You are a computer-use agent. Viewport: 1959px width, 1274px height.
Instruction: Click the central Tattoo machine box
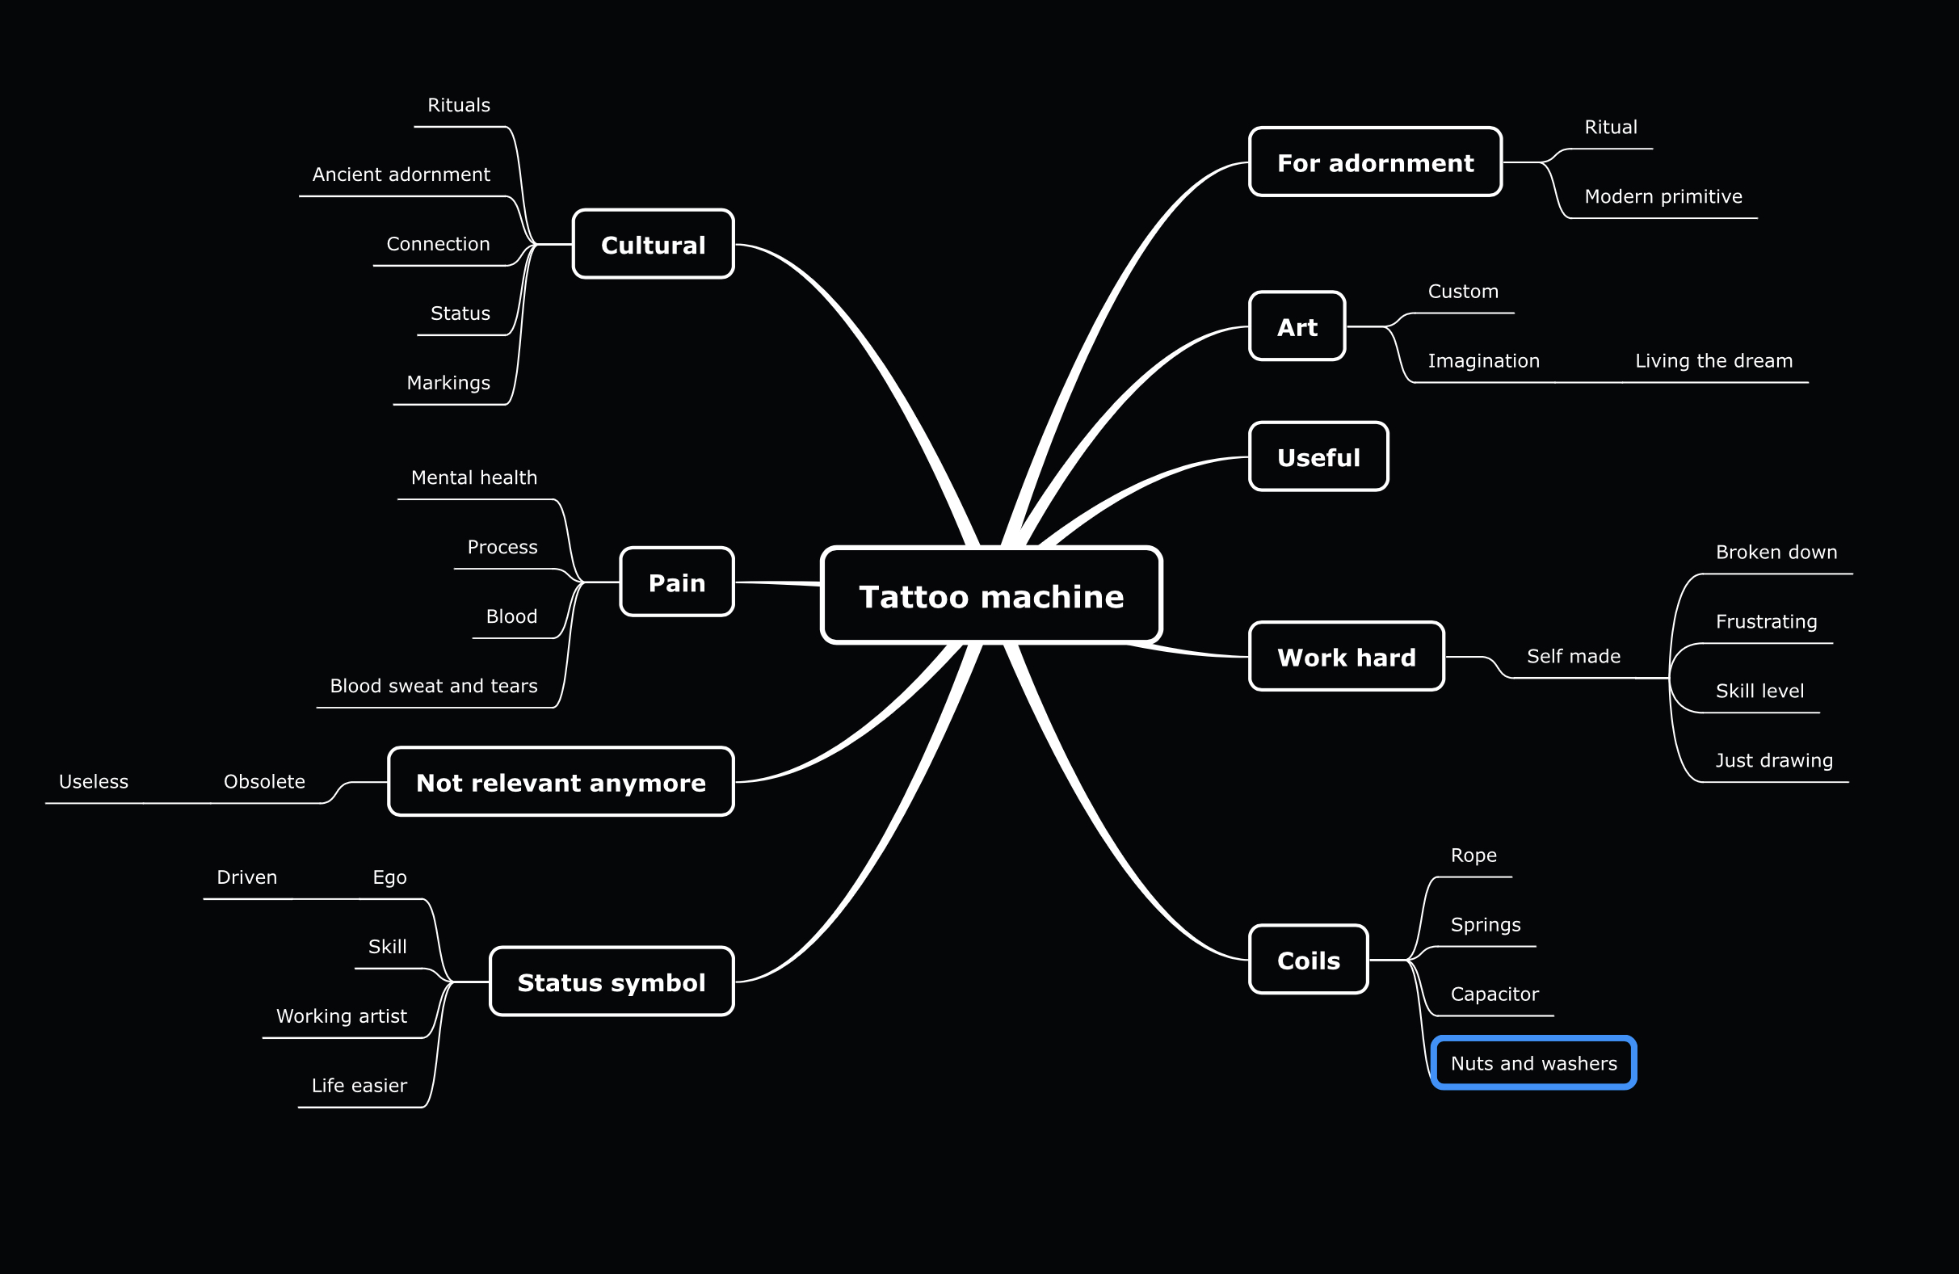point(991,595)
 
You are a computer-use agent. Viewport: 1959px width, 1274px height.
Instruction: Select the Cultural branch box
point(653,245)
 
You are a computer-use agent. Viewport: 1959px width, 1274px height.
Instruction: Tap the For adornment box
point(1375,162)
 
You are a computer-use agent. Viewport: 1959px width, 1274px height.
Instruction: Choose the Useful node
point(1318,456)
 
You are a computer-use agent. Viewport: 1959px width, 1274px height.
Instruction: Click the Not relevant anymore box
point(561,782)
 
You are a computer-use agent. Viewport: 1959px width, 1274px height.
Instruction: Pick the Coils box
point(1308,960)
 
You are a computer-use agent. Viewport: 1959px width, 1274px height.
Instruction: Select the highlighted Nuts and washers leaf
point(1533,1062)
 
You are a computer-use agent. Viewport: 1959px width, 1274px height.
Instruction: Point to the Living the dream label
point(1713,360)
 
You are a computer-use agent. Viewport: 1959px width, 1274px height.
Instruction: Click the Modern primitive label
point(1663,196)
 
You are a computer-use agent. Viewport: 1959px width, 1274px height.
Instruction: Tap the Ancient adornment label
point(401,174)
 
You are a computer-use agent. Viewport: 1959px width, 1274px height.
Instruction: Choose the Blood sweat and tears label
point(433,686)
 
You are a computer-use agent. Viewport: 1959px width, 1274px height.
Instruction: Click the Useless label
point(93,781)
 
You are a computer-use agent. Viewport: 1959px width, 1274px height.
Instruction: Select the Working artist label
point(341,1016)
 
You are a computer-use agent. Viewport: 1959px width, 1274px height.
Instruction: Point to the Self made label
point(1573,656)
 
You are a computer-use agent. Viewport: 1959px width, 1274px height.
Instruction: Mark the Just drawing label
point(1773,760)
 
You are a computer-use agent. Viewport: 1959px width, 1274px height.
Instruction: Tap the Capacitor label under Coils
point(1494,994)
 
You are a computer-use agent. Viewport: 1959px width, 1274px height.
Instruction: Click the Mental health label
point(473,477)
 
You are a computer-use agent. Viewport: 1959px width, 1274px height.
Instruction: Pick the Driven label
point(246,877)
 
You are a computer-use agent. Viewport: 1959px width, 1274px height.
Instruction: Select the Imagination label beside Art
point(1483,360)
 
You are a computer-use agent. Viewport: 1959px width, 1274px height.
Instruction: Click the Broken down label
point(1776,552)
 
